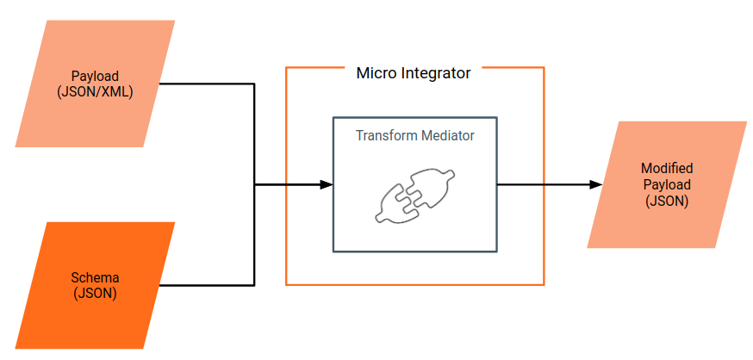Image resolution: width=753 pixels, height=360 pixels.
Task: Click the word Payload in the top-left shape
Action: tap(95, 77)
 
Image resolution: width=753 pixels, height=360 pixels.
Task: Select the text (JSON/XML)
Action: tap(95, 90)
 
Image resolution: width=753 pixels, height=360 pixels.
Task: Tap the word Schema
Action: tap(95, 278)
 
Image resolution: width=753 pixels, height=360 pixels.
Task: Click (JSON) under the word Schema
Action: tap(95, 293)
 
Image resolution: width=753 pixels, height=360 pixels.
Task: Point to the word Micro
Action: tap(376, 73)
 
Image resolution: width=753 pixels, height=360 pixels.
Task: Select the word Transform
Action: tap(385, 135)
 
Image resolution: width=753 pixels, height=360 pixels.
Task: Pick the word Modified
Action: tap(667, 169)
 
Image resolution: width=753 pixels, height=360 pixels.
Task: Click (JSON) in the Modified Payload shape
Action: tap(667, 201)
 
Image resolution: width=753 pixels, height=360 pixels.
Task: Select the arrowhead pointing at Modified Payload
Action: tap(595, 184)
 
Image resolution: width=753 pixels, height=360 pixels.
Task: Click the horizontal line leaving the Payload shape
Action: tap(207, 84)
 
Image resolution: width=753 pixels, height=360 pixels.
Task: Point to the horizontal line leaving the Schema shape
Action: tap(207, 284)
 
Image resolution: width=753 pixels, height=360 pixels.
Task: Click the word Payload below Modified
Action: tap(667, 185)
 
